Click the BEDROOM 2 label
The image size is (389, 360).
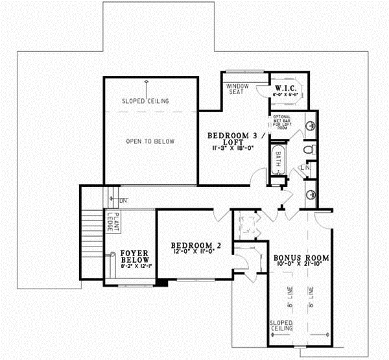pos(196,245)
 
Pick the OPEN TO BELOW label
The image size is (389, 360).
pos(150,141)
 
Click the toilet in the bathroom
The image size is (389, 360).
pos(309,150)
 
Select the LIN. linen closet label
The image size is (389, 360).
pos(305,169)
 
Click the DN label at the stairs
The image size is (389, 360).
pos(123,199)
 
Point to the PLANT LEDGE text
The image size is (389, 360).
pos(111,222)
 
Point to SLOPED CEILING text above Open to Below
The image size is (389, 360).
pos(146,101)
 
